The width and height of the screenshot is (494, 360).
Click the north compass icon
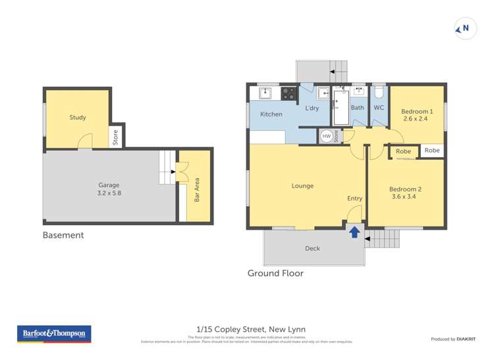tap(466, 28)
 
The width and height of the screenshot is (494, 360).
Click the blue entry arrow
tap(354, 232)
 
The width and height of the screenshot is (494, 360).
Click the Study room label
tap(78, 118)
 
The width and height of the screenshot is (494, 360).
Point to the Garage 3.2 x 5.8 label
tap(109, 190)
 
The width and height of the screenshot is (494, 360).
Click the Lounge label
tap(302, 186)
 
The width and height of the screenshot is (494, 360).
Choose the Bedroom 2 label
tap(406, 193)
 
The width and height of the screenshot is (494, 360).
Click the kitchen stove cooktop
tap(288, 93)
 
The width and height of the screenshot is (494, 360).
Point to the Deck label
tap(312, 248)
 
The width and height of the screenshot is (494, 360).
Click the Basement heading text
tap(63, 235)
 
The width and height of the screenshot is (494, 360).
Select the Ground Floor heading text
tap(275, 273)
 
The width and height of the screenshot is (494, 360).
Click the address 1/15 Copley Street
tap(251, 329)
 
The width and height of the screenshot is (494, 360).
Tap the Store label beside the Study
tap(115, 138)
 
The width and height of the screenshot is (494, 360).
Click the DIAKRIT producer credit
tap(467, 339)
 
